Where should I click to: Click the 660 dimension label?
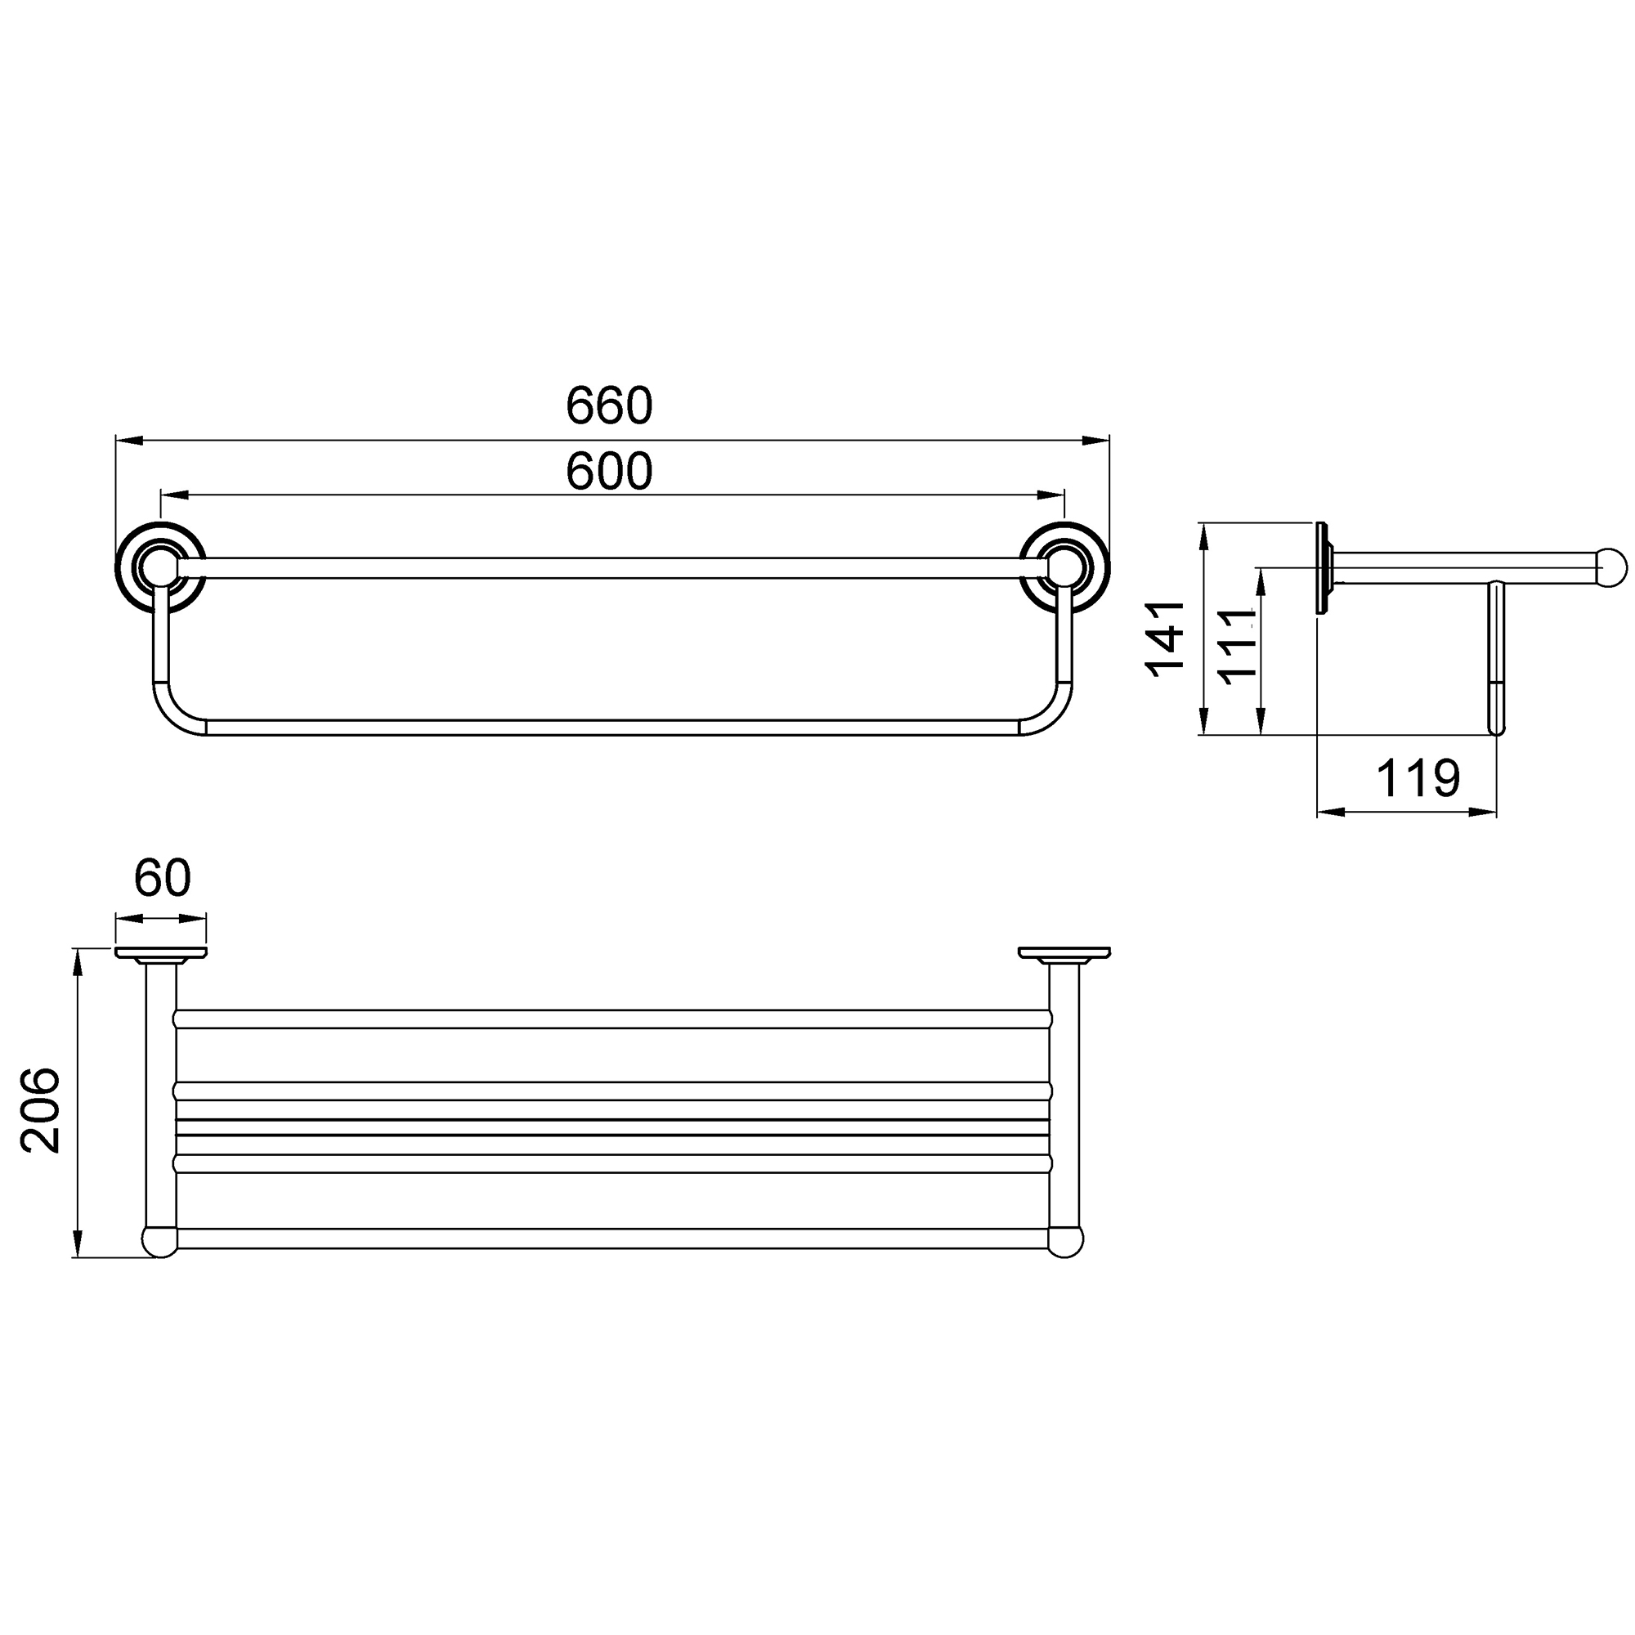[x=609, y=405]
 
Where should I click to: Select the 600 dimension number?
[x=609, y=472]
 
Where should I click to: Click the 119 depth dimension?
[x=1418, y=777]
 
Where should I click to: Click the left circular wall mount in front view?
[x=160, y=568]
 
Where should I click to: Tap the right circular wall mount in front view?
[x=1064, y=568]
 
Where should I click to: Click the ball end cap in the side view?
[x=1610, y=568]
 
